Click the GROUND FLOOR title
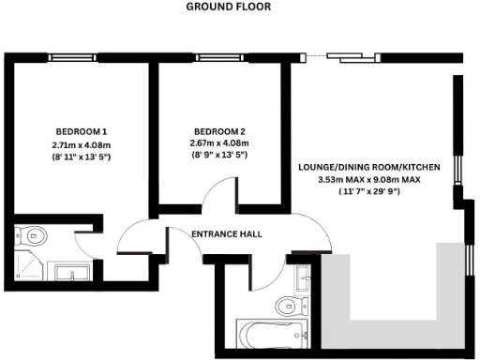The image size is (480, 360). point(228,7)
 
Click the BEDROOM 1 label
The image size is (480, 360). point(80,130)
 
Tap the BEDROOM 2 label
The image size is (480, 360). point(220,130)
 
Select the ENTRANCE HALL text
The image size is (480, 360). point(226,233)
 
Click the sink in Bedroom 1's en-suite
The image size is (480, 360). point(70,273)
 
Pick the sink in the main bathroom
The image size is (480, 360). point(303,277)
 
